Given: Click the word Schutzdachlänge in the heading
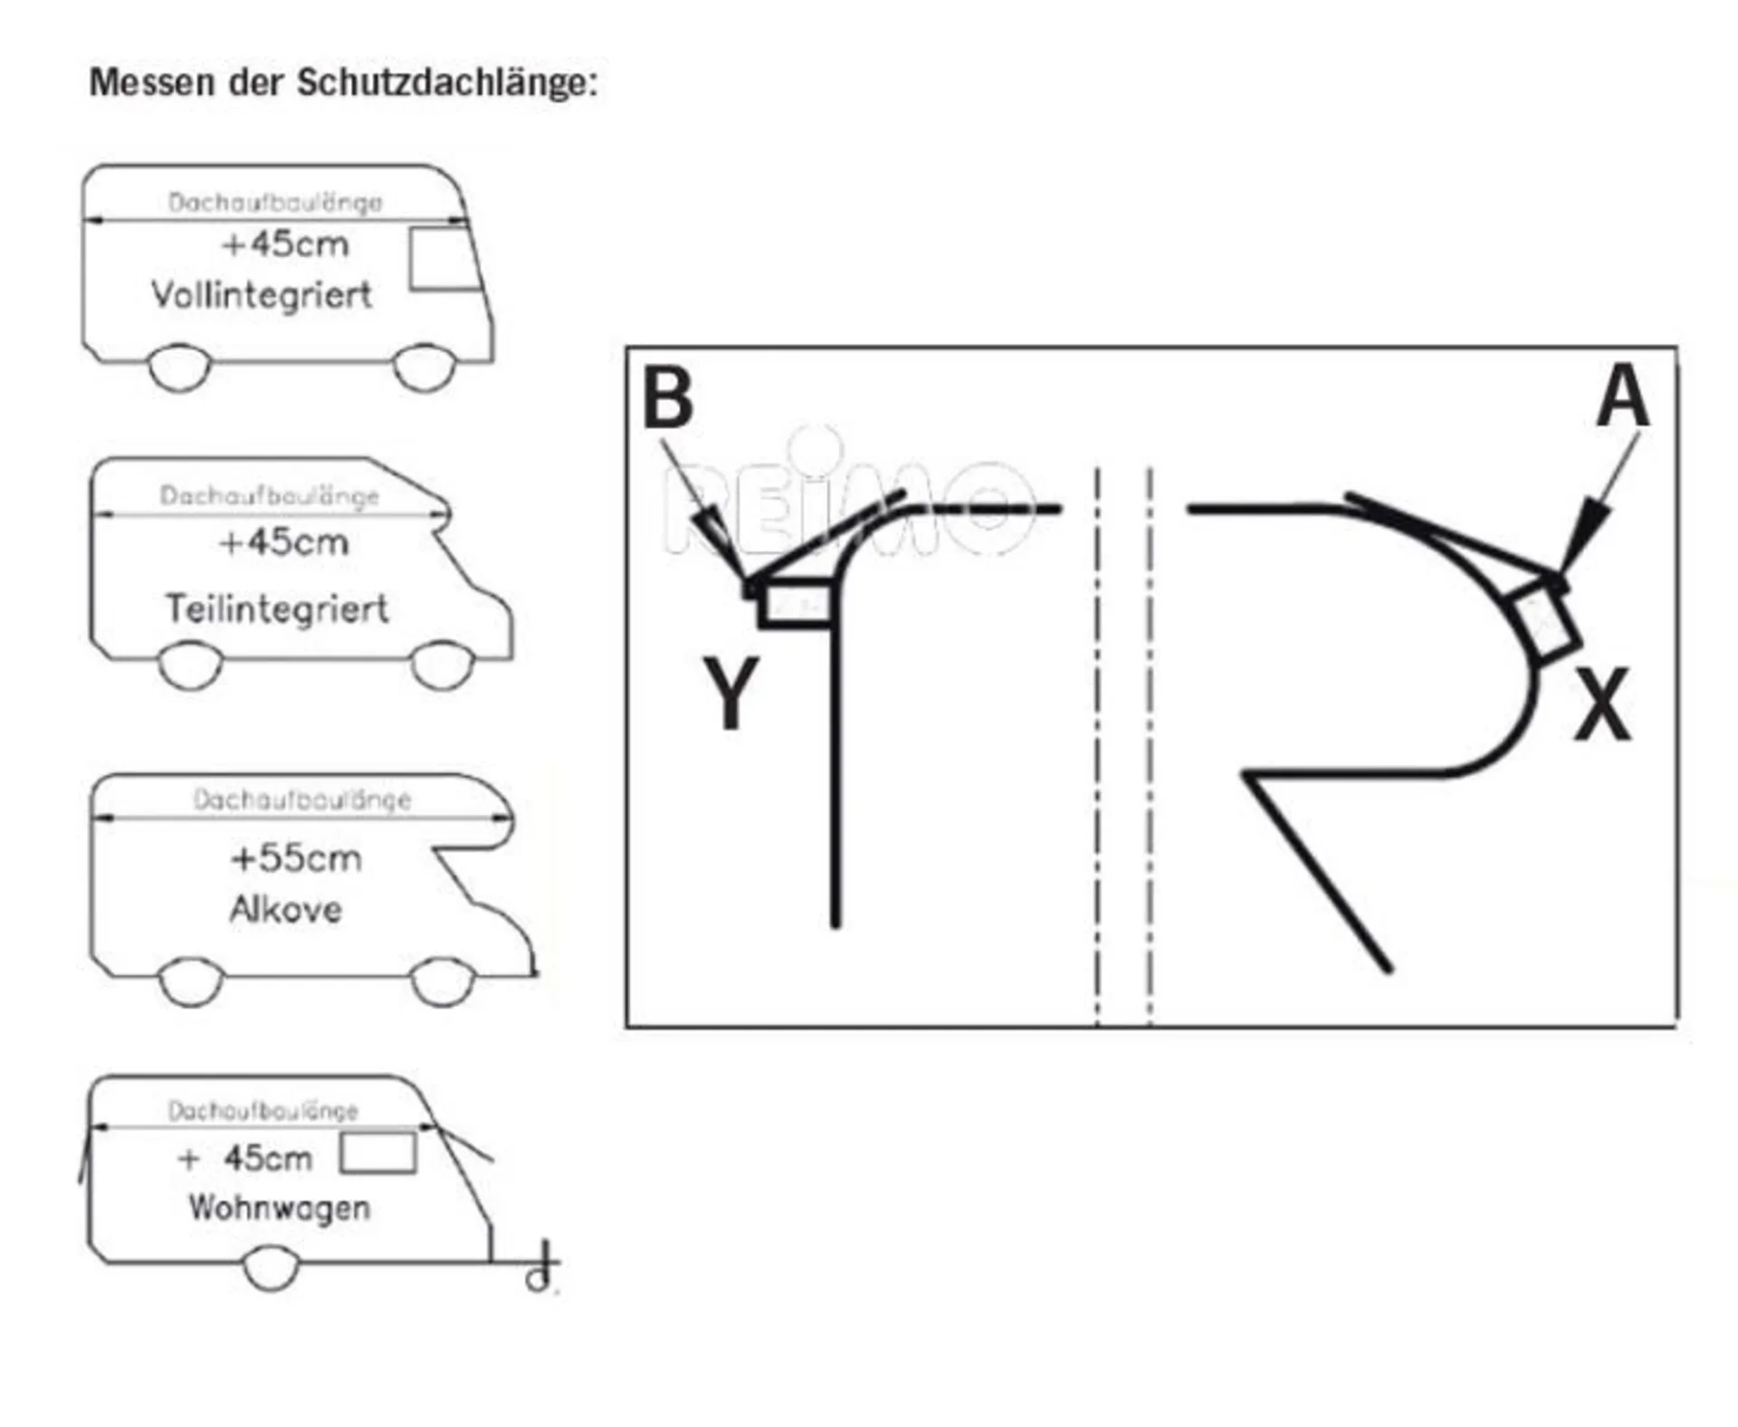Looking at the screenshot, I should coord(447,83).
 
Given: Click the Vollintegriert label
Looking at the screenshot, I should coord(262,295).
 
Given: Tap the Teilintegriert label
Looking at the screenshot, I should coord(277,608).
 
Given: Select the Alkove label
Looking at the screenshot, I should coord(286,909).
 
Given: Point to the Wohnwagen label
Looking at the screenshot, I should coord(280,1208).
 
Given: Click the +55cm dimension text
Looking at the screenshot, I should coord(296,858).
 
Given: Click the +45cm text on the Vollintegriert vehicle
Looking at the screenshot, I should coord(285,244).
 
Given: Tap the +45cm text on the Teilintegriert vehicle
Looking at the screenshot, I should coord(283,542).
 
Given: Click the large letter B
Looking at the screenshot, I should coord(667,397).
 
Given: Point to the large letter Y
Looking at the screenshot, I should coord(730,693).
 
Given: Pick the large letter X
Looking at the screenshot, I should coord(1602,704).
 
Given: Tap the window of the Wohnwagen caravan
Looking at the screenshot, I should coord(377,1154).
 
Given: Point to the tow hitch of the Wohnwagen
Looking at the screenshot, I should coord(540,1268).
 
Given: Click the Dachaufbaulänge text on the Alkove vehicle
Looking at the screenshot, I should coord(302,800).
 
